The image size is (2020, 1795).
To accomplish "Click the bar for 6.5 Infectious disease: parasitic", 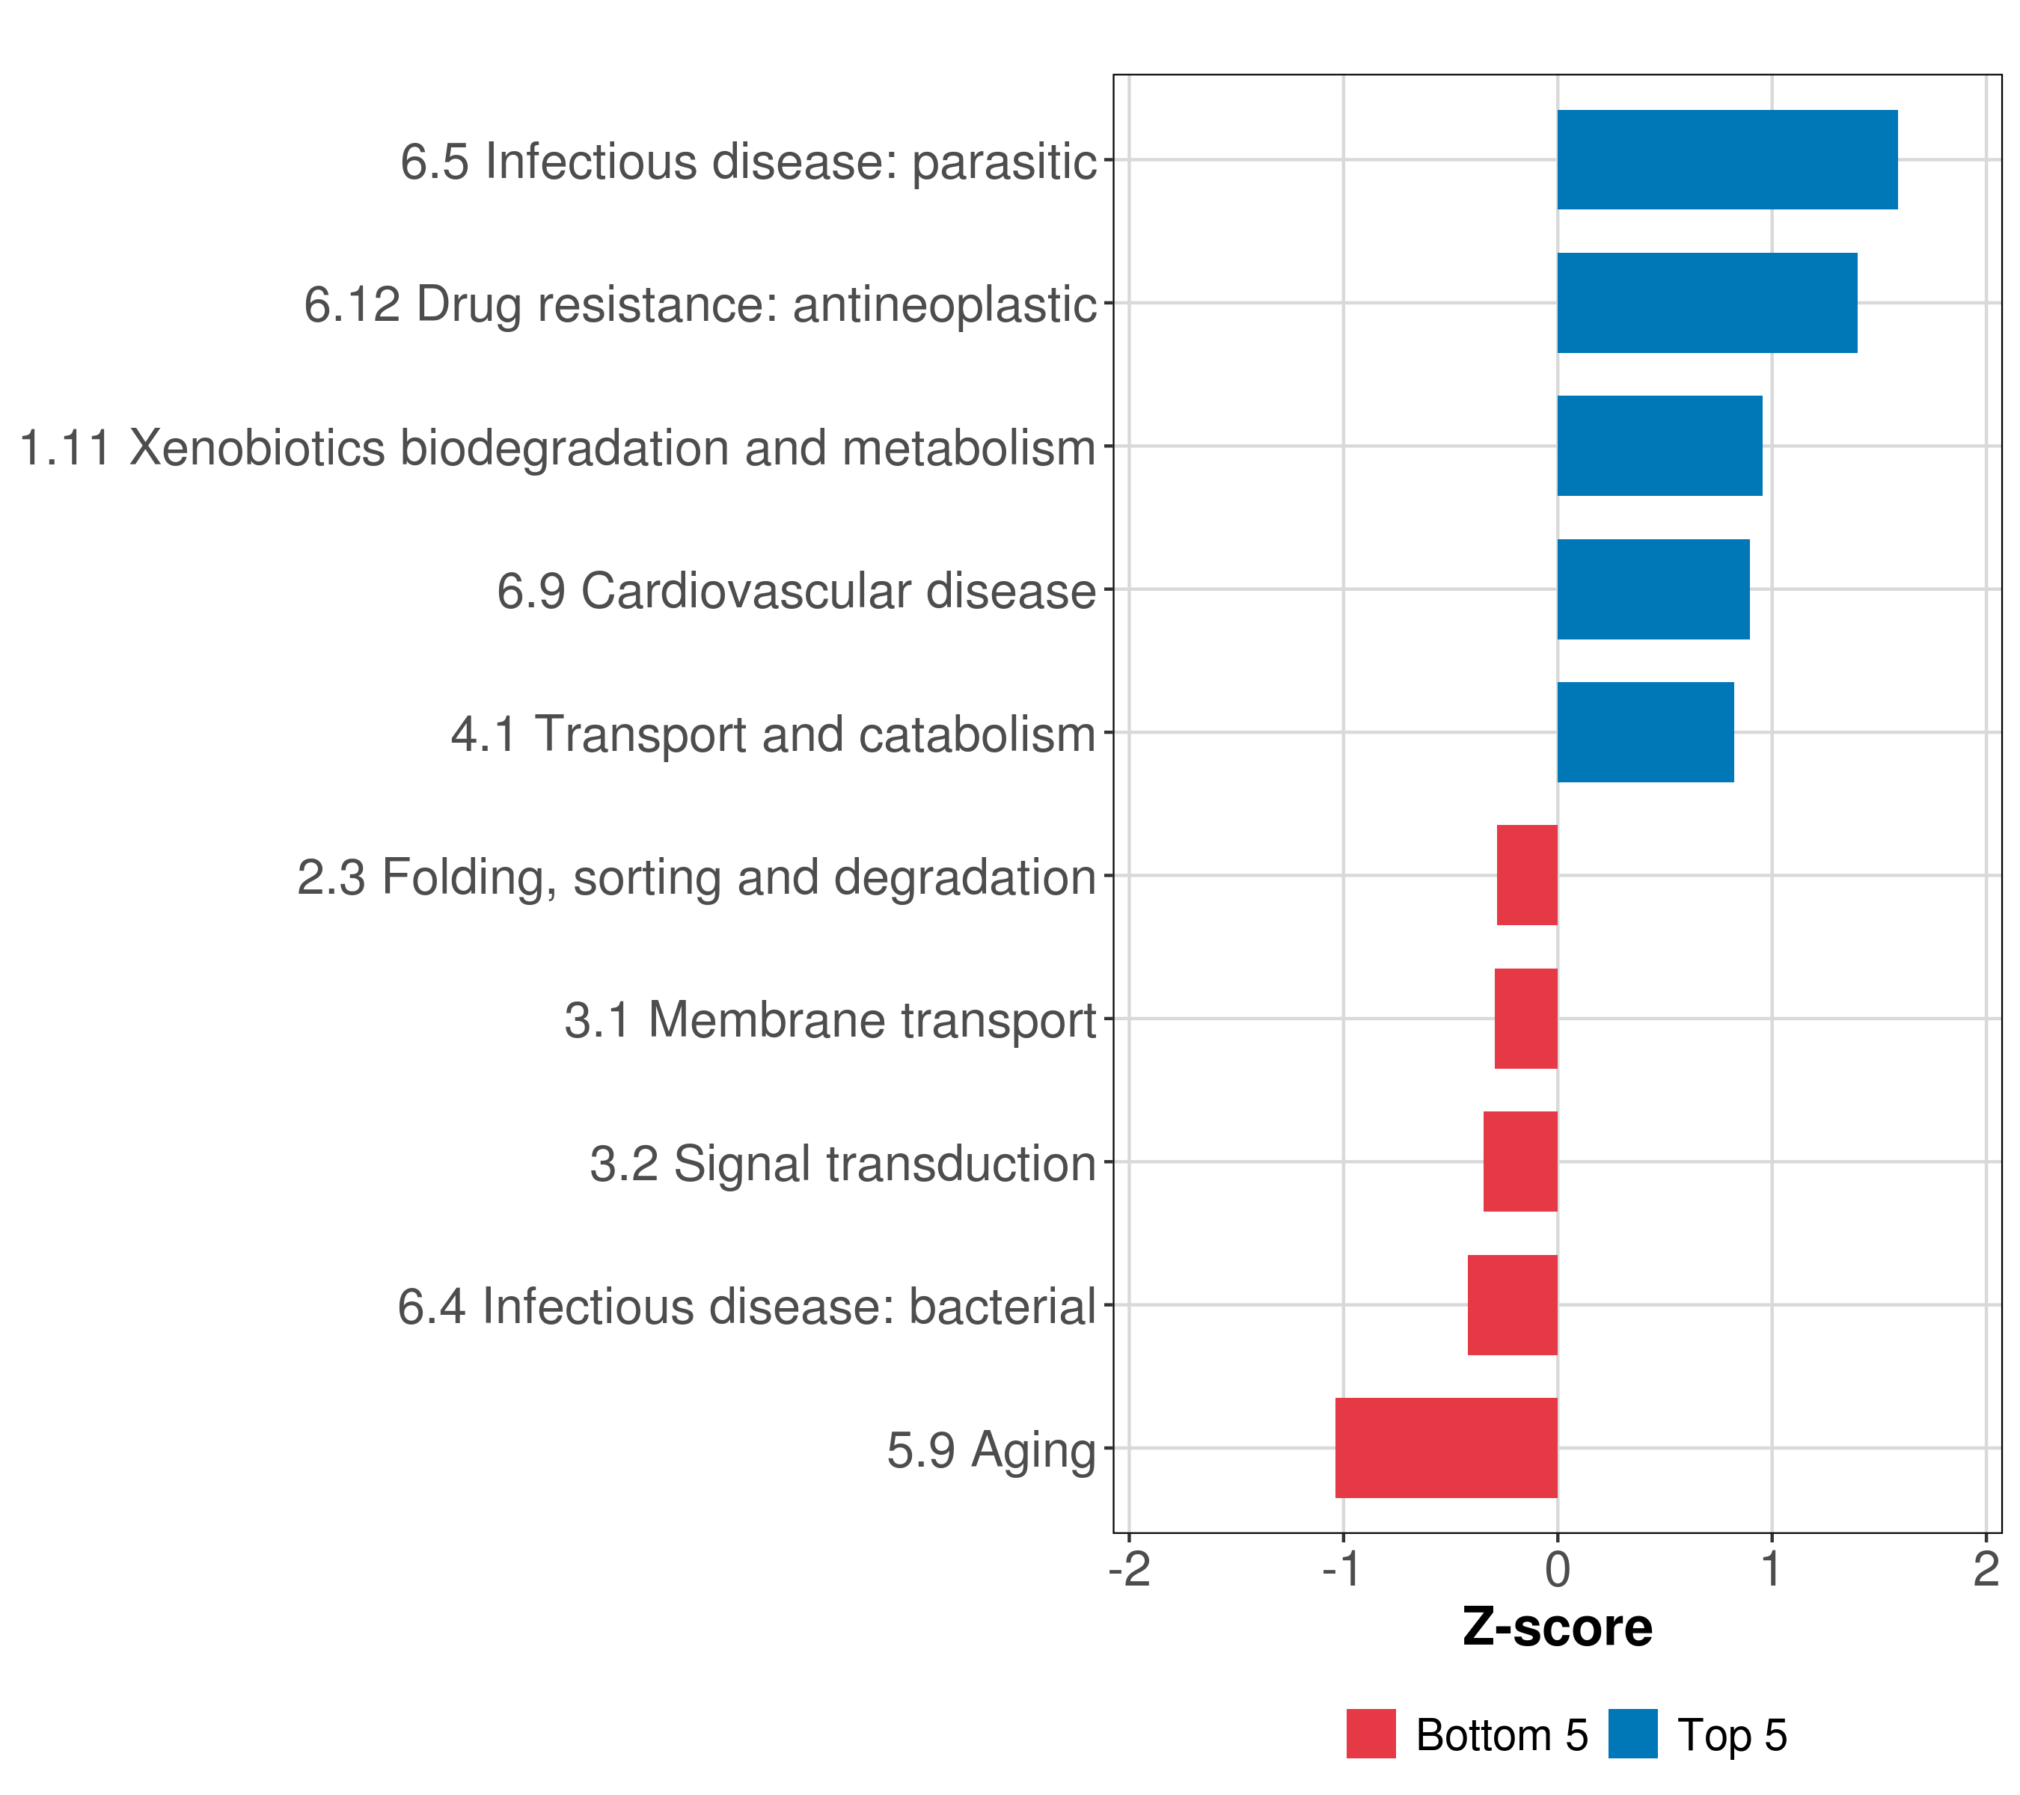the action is tap(1727, 160).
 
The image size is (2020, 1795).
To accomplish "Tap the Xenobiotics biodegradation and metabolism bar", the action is tap(1660, 446).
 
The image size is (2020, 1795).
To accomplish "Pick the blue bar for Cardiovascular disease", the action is tap(1653, 589).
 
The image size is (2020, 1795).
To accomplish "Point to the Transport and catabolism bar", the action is tap(1645, 732).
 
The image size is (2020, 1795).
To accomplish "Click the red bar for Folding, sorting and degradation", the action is tap(1527, 875).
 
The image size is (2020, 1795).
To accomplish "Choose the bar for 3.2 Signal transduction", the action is tap(1520, 1162).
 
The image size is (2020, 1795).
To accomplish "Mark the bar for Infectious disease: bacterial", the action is tap(1512, 1305).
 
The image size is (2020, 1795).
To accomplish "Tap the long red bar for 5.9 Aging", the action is tap(1446, 1448).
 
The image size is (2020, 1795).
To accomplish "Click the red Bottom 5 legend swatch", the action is tap(1371, 1734).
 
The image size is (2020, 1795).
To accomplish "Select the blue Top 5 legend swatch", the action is tap(1632, 1734).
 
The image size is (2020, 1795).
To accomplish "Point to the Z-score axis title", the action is tap(1558, 1627).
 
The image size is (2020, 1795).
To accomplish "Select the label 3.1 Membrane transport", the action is tap(830, 1019).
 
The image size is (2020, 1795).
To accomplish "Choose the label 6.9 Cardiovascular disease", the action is tap(797, 591).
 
